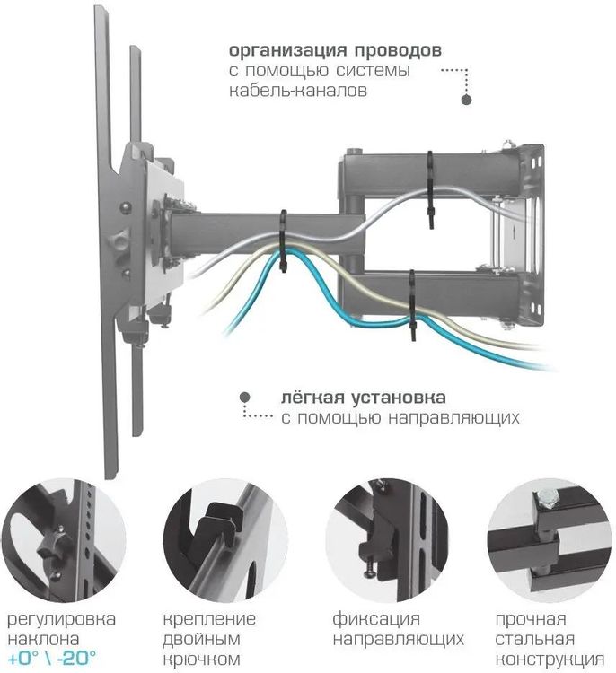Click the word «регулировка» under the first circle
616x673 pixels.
click(61, 619)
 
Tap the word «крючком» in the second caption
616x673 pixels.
click(203, 659)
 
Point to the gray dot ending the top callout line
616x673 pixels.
click(466, 101)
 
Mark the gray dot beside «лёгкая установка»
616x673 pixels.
click(243, 396)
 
